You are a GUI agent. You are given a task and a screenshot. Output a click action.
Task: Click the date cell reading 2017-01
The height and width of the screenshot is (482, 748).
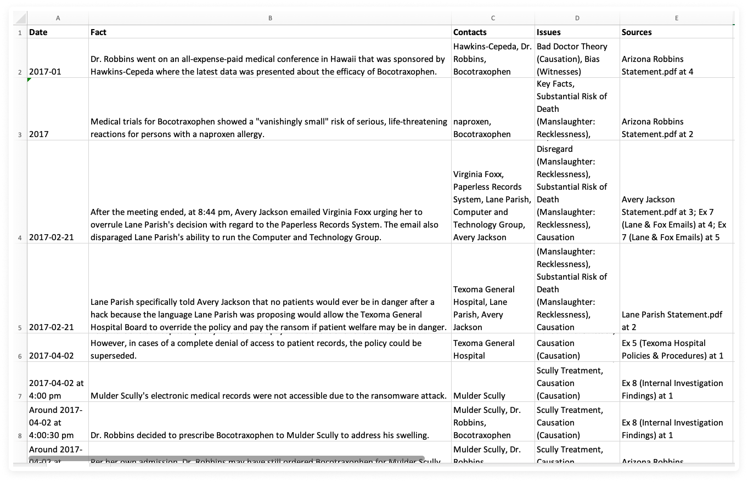pyautogui.click(x=45, y=72)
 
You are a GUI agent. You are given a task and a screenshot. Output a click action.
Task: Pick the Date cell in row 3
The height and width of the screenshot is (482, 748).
pyautogui.click(x=38, y=134)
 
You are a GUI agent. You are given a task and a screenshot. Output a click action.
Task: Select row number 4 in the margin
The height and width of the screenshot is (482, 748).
pyautogui.click(x=20, y=238)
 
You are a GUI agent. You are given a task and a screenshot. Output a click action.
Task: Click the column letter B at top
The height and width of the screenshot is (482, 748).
pyautogui.click(x=270, y=18)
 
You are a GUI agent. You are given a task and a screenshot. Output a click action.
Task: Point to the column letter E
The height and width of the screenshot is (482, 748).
pyautogui.click(x=676, y=18)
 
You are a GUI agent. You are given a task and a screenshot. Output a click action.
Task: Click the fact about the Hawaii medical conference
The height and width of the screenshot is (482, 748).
pyautogui.click(x=268, y=65)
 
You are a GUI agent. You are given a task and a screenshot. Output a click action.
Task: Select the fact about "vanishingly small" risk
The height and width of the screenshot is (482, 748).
pyautogui.click(x=268, y=128)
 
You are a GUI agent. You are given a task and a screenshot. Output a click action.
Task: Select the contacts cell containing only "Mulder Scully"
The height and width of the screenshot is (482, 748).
pyautogui.click(x=479, y=396)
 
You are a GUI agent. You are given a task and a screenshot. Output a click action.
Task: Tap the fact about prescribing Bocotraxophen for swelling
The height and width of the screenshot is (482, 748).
pyautogui.click(x=260, y=435)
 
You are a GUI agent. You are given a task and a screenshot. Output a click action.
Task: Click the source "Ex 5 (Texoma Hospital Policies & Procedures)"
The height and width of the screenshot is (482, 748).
pyautogui.click(x=672, y=349)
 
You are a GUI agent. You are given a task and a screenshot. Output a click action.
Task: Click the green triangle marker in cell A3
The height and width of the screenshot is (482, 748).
pyautogui.click(x=30, y=80)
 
